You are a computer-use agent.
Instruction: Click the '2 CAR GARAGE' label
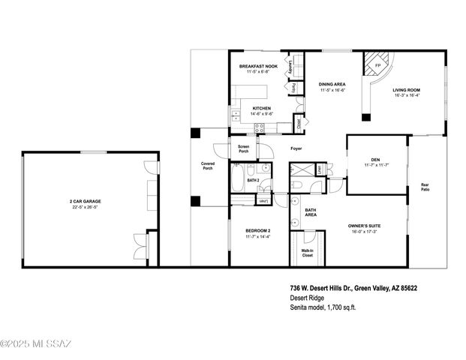85,202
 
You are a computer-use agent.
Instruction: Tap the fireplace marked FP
377,65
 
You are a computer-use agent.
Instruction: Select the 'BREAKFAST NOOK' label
257,67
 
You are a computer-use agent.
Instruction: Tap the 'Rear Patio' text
425,187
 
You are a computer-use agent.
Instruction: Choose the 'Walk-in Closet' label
307,253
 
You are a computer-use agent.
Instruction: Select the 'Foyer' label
296,149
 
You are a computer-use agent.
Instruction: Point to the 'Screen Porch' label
243,148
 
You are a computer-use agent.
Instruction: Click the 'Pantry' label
294,88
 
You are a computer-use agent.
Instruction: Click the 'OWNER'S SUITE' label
365,226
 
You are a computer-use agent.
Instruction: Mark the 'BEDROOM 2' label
257,230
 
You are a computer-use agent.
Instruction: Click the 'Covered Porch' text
207,166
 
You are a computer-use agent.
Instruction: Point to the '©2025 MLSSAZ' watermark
36,344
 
